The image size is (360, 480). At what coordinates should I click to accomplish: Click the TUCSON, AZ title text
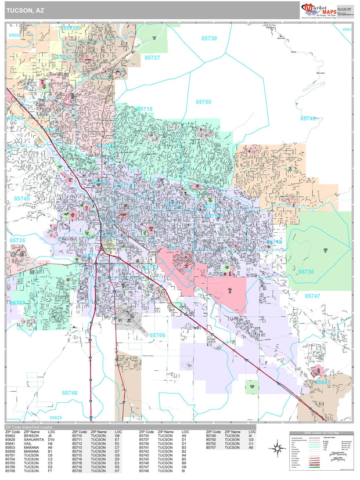(24, 10)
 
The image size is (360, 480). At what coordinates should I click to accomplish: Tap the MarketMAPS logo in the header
(319, 9)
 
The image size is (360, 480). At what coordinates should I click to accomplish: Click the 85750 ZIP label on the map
(203, 102)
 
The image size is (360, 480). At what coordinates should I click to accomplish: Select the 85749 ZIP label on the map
(308, 118)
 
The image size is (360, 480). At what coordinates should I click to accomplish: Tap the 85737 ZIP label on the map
(152, 58)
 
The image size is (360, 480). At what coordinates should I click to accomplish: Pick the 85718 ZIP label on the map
(145, 109)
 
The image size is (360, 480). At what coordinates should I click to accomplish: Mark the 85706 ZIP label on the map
(157, 335)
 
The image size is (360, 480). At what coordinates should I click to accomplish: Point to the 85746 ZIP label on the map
(69, 393)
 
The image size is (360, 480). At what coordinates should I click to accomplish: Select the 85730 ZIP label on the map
(306, 272)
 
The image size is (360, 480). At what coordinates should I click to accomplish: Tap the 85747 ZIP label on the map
(312, 296)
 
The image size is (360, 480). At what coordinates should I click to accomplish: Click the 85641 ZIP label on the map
(323, 382)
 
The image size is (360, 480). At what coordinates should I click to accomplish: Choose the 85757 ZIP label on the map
(17, 303)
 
